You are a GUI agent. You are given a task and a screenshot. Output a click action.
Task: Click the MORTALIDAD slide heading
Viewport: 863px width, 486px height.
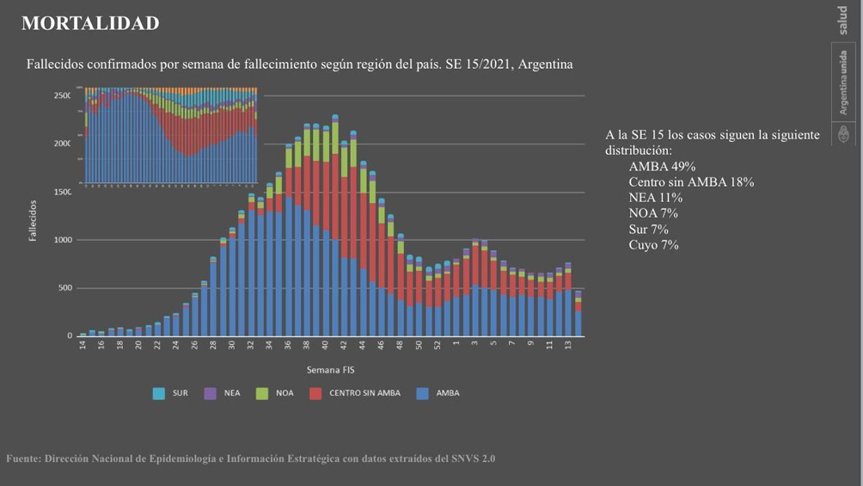coord(90,24)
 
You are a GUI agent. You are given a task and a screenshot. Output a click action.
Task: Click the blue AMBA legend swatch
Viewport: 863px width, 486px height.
coord(422,393)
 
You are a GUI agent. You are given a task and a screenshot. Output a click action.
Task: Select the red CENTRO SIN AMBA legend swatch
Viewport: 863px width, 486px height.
coord(315,393)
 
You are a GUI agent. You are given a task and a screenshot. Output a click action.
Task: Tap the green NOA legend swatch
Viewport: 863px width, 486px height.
coord(262,393)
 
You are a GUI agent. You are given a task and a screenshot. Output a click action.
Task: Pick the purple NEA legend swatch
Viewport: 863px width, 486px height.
coord(210,393)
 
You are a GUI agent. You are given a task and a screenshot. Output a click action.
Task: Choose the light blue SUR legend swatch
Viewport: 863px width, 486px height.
coord(158,393)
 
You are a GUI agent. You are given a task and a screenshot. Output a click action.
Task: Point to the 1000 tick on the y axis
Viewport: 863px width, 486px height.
coord(63,240)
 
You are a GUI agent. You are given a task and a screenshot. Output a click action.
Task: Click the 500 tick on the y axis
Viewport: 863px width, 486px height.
coord(64,288)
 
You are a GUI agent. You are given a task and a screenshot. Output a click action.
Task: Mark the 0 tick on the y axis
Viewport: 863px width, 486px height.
coord(70,336)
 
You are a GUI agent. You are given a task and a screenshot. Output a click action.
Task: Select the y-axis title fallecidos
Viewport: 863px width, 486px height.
coord(34,221)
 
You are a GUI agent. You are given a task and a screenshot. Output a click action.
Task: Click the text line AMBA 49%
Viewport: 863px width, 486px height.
coord(662,167)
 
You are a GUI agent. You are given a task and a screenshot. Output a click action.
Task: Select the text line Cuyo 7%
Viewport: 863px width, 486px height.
coord(653,245)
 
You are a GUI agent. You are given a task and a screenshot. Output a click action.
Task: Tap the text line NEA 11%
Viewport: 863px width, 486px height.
coord(655,198)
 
